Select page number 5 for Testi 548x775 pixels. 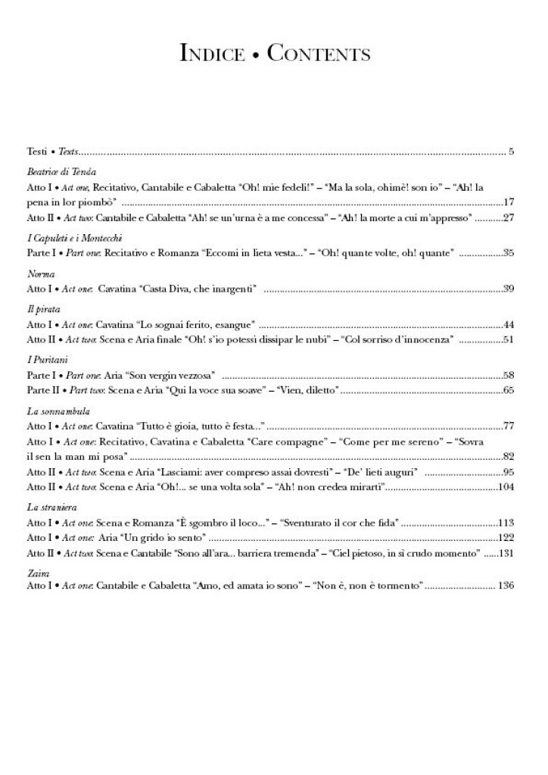click(512, 152)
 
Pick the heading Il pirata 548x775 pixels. click(44, 309)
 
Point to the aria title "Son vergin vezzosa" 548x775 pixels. click(178, 374)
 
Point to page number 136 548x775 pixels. click(506, 586)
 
